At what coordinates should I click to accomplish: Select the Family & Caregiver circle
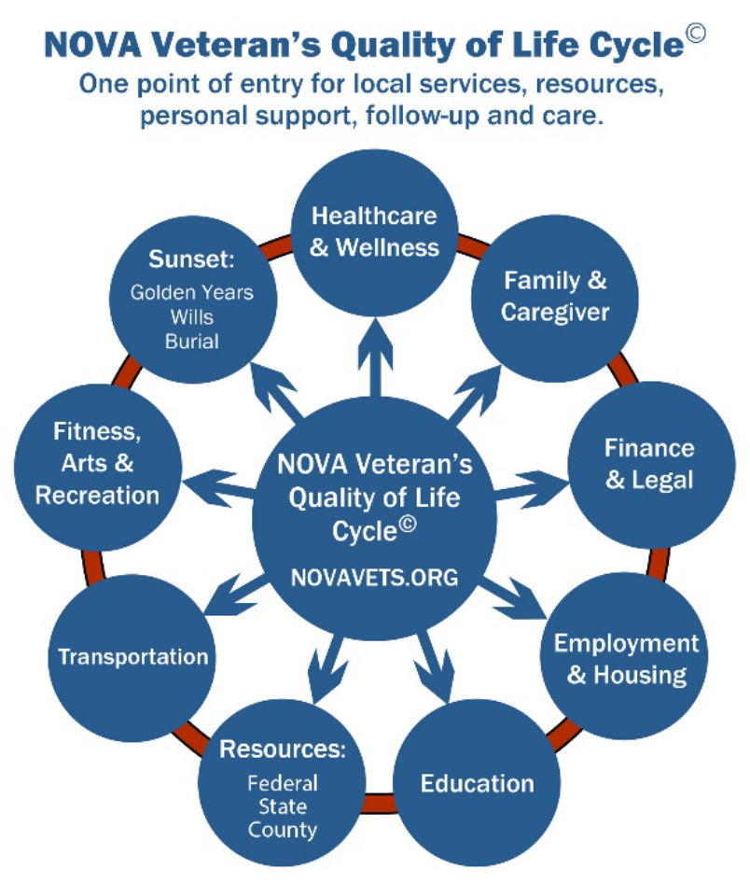coord(554,295)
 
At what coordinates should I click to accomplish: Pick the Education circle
coord(477,781)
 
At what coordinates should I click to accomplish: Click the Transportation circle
coord(132,655)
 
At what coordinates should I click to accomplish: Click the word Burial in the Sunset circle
coord(191,341)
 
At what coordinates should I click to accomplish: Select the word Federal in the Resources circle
coord(283,782)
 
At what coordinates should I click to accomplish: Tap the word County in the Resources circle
coord(283,829)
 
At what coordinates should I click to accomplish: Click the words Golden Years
coord(191,292)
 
